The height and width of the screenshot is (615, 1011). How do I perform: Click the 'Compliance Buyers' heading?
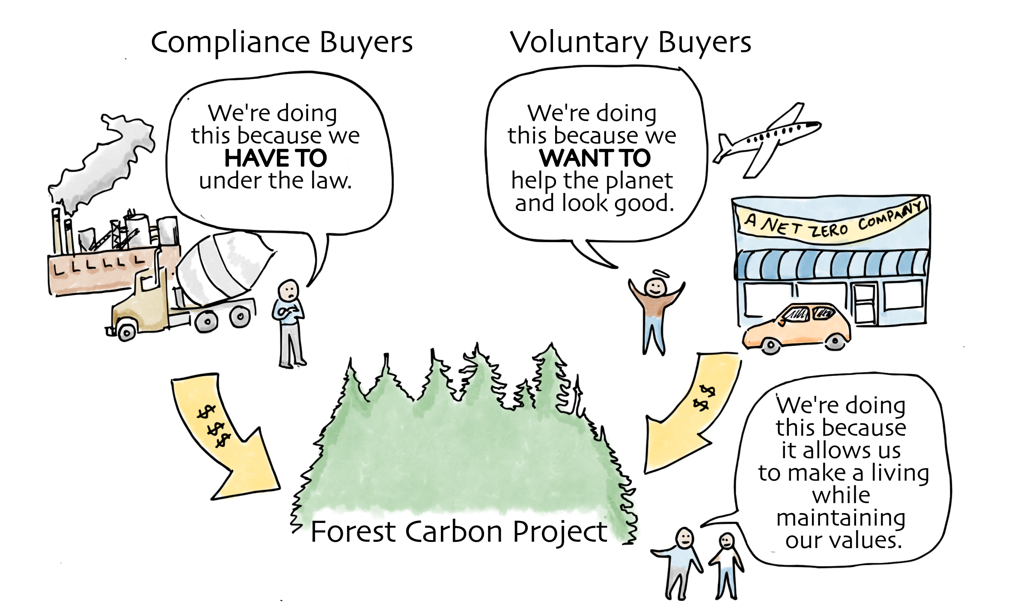(282, 43)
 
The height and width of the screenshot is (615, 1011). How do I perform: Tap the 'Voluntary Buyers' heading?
(630, 43)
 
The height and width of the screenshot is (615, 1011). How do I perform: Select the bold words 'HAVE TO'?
(275, 158)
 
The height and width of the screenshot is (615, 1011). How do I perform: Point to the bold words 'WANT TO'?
(595, 158)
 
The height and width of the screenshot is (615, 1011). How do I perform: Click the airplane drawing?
(766, 139)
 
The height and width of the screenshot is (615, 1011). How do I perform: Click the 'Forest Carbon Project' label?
(458, 532)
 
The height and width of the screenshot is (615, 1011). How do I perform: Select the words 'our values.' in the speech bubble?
(843, 540)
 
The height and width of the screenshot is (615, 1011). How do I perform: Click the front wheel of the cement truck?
(125, 332)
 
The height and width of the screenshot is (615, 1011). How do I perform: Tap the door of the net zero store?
(865, 304)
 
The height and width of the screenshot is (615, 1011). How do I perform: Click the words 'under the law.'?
(275, 181)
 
